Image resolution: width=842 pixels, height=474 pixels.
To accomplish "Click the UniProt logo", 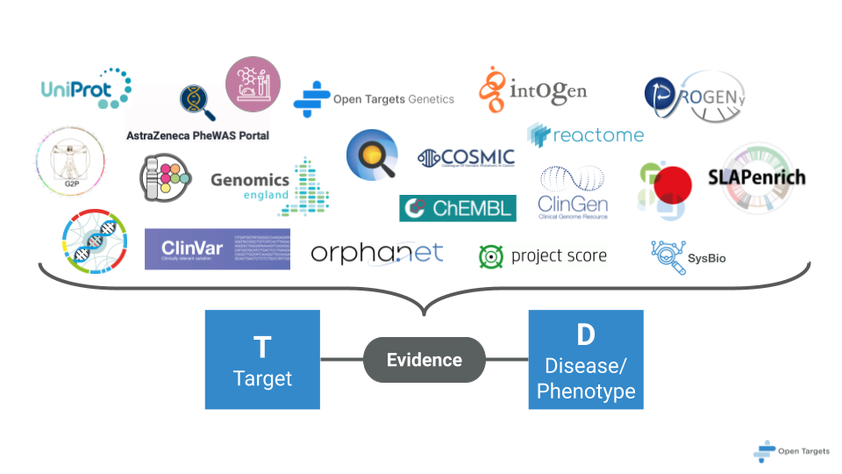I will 86,88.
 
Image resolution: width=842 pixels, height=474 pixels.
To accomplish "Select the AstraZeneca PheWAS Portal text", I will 197,135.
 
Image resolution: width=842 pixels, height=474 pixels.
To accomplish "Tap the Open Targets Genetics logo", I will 374,99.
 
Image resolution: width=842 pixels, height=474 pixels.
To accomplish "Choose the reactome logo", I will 585,134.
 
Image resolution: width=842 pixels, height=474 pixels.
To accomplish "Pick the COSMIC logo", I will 466,158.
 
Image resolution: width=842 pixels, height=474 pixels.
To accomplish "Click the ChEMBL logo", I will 458,208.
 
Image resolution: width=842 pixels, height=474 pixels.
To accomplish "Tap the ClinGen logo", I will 574,192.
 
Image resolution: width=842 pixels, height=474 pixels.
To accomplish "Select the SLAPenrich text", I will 756,178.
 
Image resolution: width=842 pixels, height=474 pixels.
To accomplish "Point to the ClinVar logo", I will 217,248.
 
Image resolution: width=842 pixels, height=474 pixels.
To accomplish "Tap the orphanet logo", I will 377,254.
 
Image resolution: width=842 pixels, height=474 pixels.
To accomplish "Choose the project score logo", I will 542,255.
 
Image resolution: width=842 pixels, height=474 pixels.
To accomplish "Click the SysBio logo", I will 689,256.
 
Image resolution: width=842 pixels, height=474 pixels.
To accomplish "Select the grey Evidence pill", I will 425,359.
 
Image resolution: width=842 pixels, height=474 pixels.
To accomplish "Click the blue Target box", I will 262,359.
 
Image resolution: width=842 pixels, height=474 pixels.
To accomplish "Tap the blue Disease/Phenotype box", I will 586,359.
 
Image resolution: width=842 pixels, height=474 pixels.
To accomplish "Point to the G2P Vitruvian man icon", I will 70,162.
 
